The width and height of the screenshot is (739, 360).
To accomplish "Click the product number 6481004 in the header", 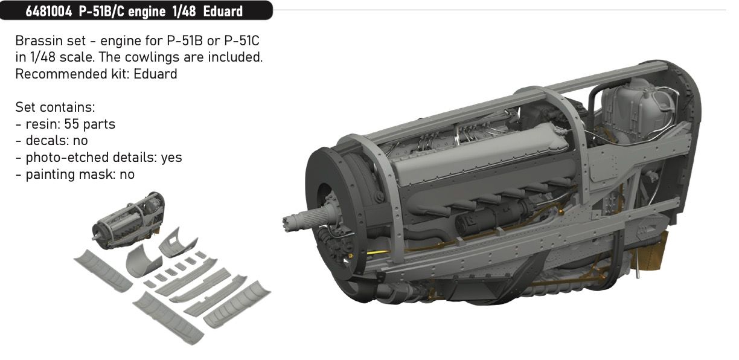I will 48,10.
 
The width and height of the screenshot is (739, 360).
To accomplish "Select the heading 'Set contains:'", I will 56,108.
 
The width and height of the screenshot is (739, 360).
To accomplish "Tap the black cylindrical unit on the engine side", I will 478,221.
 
